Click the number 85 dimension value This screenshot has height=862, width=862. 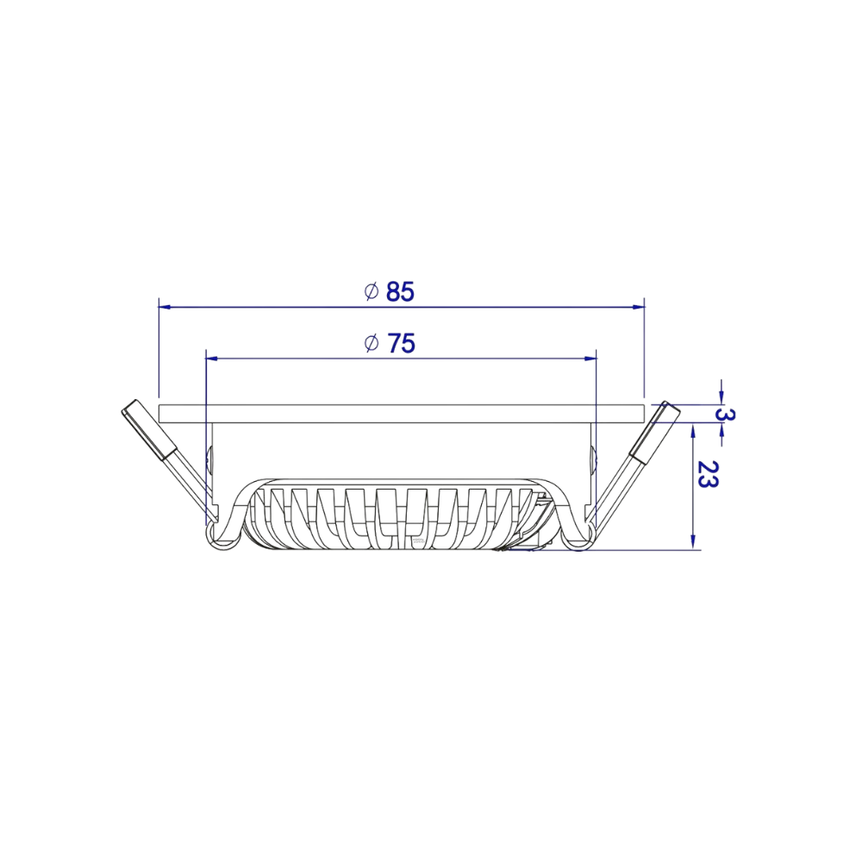tap(400, 292)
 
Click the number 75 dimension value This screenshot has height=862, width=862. tap(401, 344)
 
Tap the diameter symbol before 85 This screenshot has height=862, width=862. tap(372, 291)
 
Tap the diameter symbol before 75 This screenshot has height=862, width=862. tap(372, 343)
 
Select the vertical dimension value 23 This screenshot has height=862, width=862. tap(708, 475)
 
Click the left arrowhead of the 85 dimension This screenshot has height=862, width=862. tap(166, 306)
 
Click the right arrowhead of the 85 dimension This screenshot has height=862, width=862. tap(639, 306)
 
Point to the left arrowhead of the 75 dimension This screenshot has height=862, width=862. tap(212, 357)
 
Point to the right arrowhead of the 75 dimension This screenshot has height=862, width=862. tap(590, 357)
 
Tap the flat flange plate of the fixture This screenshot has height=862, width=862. tap(401, 412)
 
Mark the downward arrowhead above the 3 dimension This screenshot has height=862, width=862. tap(721, 397)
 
